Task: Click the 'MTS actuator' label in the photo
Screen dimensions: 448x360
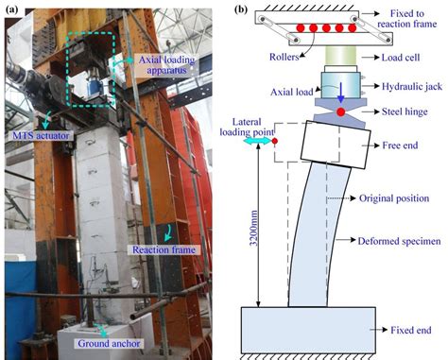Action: click(41, 136)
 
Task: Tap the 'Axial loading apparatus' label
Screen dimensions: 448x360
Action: click(167, 65)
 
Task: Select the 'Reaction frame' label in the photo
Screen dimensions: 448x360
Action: click(164, 249)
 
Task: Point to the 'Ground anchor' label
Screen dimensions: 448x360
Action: click(109, 343)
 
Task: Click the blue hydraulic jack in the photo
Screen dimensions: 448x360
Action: click(95, 86)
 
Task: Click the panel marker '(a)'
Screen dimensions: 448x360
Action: click(12, 9)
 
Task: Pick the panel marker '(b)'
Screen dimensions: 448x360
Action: click(241, 9)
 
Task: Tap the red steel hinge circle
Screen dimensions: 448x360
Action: click(340, 111)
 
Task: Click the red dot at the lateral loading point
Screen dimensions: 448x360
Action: click(275, 141)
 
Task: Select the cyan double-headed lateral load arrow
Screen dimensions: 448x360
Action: click(257, 141)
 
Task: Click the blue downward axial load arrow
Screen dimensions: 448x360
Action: click(340, 93)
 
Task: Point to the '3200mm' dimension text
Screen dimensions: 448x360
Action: click(253, 228)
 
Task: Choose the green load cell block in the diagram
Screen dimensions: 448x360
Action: click(340, 56)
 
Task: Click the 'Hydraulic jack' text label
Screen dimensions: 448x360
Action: click(412, 86)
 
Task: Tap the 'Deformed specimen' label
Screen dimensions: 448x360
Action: click(399, 241)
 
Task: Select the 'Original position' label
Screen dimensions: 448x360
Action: click(394, 198)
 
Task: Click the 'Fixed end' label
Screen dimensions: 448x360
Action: click(411, 330)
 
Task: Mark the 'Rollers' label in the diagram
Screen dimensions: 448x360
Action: click(284, 57)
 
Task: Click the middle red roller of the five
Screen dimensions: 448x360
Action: click(326, 28)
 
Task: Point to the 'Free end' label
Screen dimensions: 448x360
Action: click(400, 146)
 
